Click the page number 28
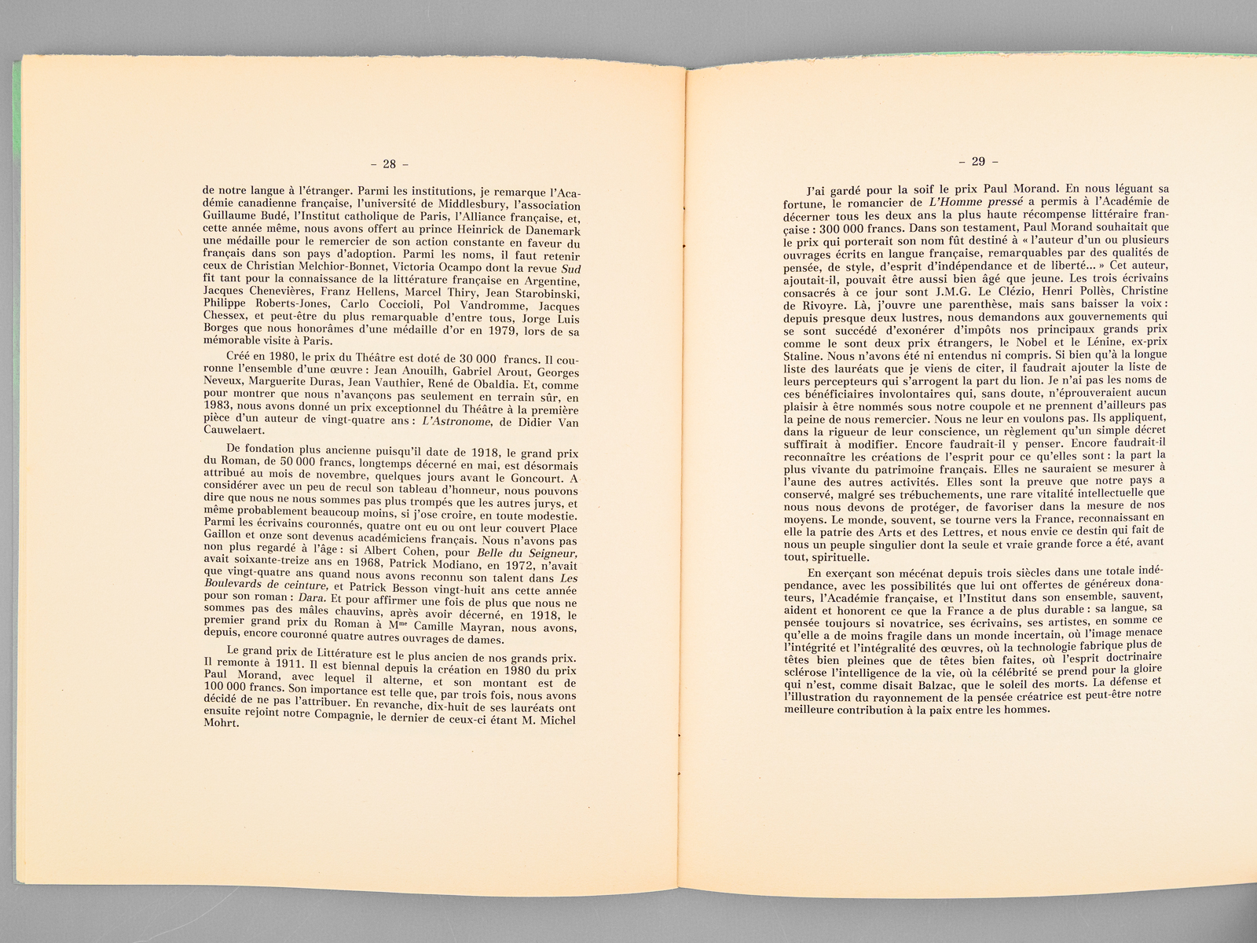(x=389, y=164)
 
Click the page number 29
(x=977, y=161)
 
